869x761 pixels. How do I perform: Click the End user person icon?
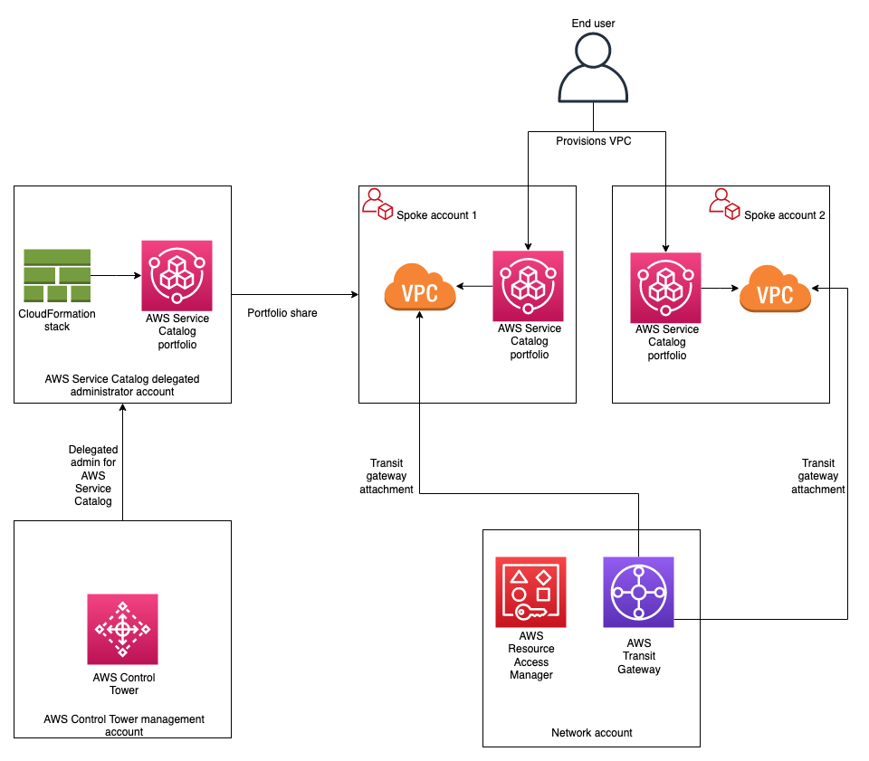(593, 69)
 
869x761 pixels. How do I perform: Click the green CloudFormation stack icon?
(57, 275)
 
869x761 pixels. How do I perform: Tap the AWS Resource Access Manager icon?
(530, 592)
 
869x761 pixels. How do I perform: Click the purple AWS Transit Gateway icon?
(638, 592)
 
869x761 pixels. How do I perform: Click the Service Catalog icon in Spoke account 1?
(528, 285)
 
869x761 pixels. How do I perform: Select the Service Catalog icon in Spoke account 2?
(665, 287)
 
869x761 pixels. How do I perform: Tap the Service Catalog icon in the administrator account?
(177, 275)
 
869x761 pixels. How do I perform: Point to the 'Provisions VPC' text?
(593, 141)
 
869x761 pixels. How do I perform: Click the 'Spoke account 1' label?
(436, 215)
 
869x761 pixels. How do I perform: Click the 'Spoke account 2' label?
(784, 215)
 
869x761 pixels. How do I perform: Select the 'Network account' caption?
(591, 733)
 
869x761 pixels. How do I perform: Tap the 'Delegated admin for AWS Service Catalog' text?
(93, 475)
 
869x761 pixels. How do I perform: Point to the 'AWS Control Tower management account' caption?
(124, 726)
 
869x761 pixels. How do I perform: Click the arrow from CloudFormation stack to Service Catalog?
(116, 274)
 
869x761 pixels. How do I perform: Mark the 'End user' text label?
(593, 22)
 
